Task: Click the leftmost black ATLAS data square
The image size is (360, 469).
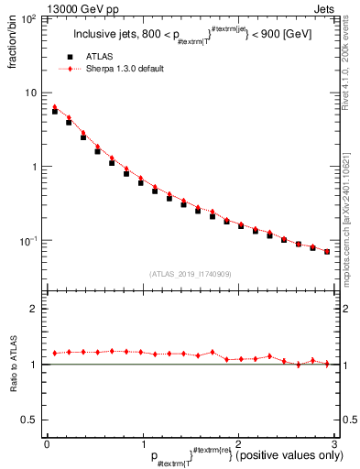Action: tap(55, 111)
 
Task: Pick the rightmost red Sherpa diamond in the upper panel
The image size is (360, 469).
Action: tap(327, 251)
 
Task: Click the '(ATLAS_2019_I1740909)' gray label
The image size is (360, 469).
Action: tap(190, 274)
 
